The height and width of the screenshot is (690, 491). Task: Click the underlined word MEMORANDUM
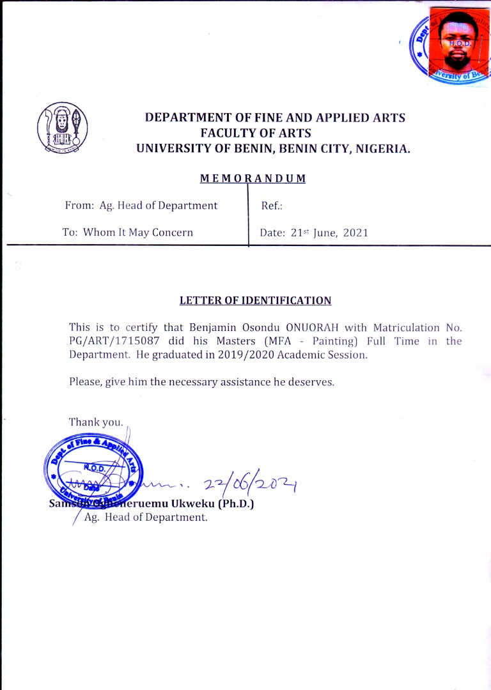point(253,178)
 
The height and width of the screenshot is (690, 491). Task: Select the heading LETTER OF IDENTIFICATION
point(255,300)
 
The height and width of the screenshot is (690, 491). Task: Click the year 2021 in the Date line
point(355,233)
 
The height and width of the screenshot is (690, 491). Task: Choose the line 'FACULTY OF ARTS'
point(255,133)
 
